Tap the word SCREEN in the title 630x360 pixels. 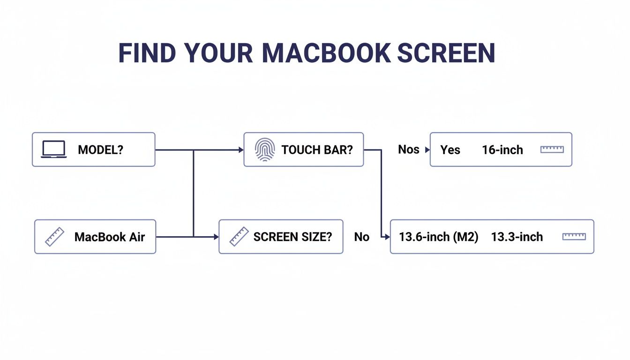(x=446, y=53)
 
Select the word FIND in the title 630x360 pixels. (x=147, y=53)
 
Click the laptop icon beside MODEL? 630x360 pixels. (x=53, y=150)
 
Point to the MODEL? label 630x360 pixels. (x=100, y=150)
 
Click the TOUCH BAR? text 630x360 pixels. (x=317, y=150)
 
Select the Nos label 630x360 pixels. (x=409, y=150)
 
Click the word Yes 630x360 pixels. (x=450, y=150)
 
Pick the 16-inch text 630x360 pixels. (x=502, y=150)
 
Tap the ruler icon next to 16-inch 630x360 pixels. (x=552, y=150)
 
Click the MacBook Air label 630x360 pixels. (x=110, y=237)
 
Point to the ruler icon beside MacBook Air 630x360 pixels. (x=54, y=237)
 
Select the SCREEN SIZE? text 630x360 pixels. (x=292, y=237)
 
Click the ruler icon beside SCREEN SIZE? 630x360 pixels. (x=239, y=237)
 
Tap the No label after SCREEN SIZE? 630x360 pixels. (x=361, y=237)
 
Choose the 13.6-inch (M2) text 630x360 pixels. (x=438, y=237)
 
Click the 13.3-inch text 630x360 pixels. (x=517, y=237)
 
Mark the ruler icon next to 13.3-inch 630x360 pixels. (x=574, y=237)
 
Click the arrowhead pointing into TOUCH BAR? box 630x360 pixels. (x=241, y=150)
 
